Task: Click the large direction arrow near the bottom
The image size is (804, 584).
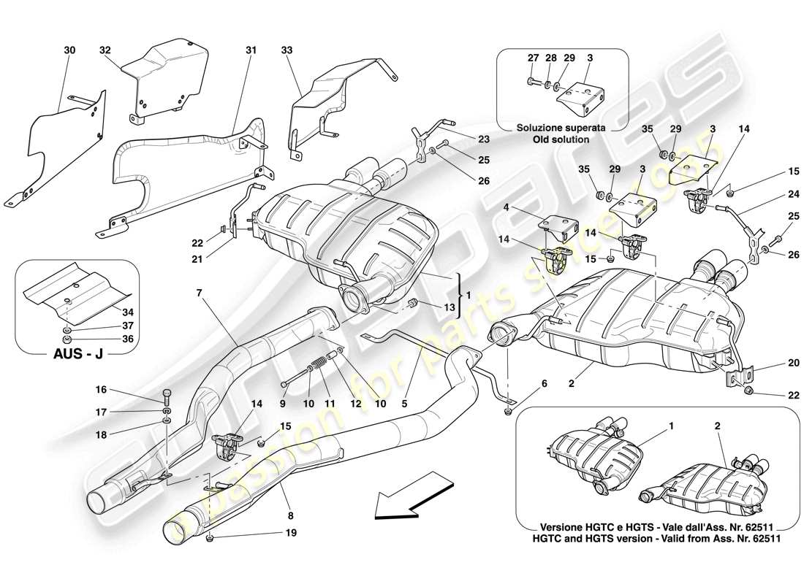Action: click(413, 496)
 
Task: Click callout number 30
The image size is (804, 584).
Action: click(69, 50)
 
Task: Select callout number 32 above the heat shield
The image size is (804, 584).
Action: click(105, 50)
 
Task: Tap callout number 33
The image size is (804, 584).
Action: click(286, 50)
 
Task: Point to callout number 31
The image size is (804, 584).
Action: click(251, 50)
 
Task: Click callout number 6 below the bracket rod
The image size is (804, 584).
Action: click(544, 383)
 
